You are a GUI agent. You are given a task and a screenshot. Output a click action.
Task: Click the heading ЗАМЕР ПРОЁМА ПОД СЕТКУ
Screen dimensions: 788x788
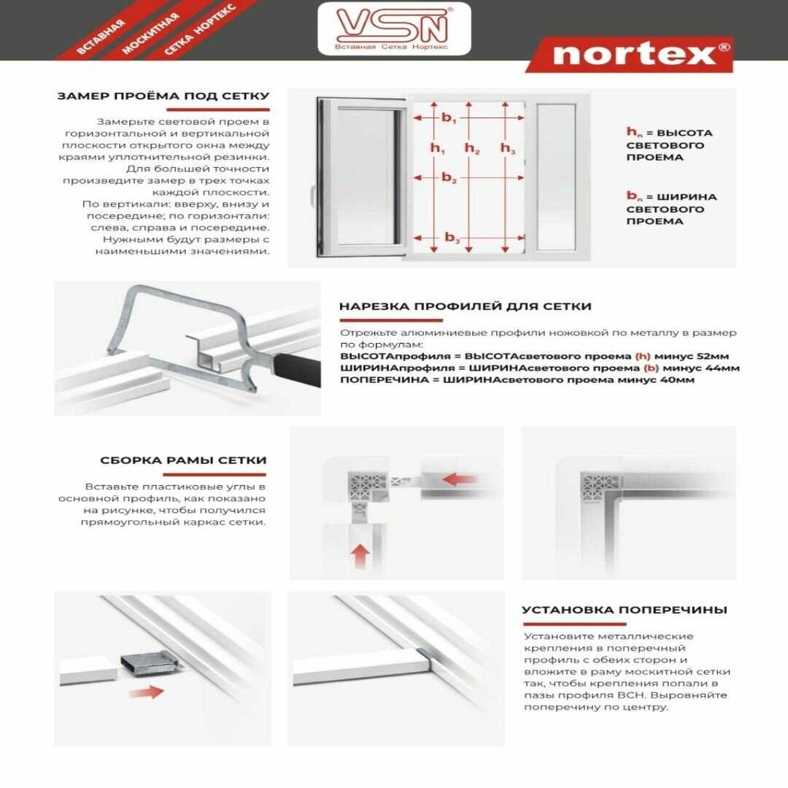163,96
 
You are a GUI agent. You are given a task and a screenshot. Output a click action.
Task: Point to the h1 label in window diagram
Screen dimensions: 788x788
437,149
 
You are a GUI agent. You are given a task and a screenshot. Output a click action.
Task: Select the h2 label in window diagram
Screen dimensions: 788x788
472,149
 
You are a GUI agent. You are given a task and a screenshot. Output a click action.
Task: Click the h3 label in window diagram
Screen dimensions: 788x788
508,149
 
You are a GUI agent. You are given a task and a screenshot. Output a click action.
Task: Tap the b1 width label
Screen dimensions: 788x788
449,118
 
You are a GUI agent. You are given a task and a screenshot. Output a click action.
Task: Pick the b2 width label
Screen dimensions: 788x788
449,177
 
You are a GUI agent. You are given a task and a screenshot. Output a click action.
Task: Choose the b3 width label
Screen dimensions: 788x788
452,238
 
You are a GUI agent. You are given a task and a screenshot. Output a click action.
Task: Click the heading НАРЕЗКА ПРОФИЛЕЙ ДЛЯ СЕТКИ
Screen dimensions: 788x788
465,306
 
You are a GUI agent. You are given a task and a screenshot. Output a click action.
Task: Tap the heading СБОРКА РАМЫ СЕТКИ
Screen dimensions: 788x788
183,460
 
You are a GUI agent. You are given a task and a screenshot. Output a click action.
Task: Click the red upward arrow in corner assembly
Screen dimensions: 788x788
360,556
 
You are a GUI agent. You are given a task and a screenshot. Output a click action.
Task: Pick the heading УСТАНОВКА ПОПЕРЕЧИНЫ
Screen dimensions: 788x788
624,610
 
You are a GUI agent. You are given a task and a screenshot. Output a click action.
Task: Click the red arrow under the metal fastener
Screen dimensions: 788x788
150,691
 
